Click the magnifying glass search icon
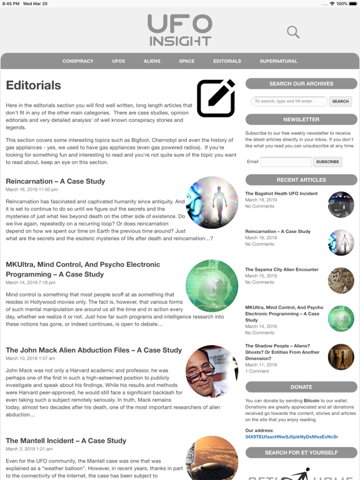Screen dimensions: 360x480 [x=293, y=32]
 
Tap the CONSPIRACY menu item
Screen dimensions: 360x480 [x=78, y=61]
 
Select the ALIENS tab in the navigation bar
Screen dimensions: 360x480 [x=152, y=61]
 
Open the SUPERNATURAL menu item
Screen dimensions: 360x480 [x=279, y=61]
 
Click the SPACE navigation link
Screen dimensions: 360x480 [x=187, y=61]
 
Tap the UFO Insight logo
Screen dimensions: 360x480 [x=180, y=31]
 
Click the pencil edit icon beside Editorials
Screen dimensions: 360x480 [x=216, y=98]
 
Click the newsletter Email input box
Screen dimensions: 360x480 [x=286, y=162]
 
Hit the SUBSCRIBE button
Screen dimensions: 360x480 [x=327, y=162]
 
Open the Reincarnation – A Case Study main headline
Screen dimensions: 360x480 [x=56, y=181]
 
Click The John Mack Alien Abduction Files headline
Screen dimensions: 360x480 [x=94, y=350]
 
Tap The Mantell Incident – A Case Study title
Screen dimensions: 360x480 [x=66, y=441]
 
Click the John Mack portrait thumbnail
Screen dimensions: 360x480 [x=212, y=371]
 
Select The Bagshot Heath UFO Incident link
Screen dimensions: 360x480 [x=281, y=194]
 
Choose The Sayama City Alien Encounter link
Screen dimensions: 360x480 [x=282, y=270]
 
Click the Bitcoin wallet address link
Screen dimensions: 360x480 [x=291, y=437]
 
